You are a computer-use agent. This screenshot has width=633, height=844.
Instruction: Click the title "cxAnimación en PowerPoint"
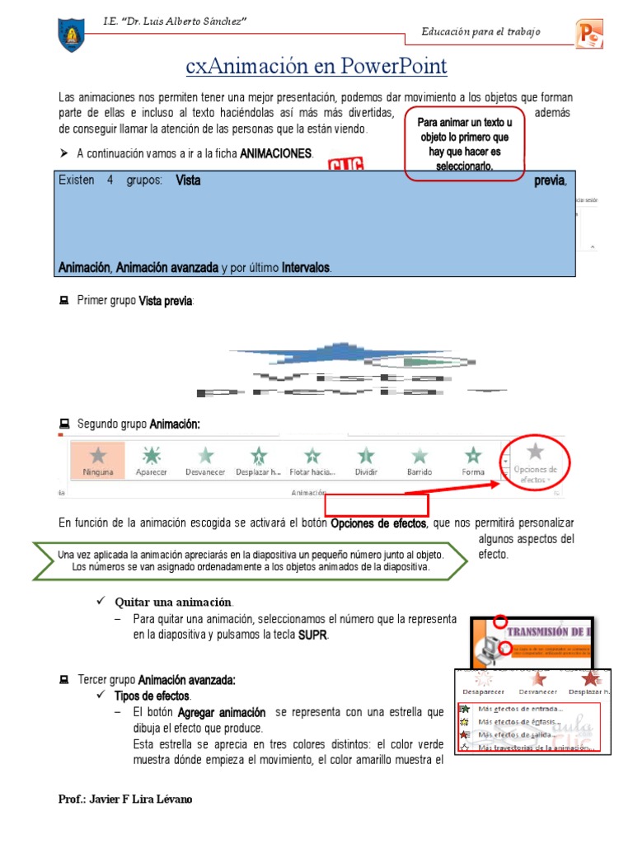[x=316, y=65]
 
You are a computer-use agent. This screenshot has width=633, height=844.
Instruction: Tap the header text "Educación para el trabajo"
[x=481, y=32]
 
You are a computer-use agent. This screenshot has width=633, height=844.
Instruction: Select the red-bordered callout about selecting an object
[x=464, y=143]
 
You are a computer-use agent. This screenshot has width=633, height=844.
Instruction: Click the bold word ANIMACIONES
[x=276, y=153]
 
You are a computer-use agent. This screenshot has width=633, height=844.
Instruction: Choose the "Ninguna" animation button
[x=97, y=459]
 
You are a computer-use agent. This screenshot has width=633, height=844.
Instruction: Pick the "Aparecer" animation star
[x=151, y=459]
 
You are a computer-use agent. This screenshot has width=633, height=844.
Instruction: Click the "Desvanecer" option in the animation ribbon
[x=204, y=459]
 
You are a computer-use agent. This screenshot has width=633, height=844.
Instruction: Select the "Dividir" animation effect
[x=365, y=459]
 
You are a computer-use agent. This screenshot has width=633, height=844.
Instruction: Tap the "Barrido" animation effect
[x=420, y=459]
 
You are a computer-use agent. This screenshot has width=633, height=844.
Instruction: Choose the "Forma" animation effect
[x=473, y=459]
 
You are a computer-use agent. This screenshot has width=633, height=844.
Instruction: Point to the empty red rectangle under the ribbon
[x=377, y=504]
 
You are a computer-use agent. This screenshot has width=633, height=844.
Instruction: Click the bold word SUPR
[x=312, y=635]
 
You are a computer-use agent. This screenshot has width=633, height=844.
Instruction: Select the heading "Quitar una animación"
[x=173, y=602]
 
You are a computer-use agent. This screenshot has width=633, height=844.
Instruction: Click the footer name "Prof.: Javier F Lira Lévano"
[x=126, y=799]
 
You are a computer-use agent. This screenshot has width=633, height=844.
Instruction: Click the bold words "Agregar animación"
[x=222, y=711]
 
